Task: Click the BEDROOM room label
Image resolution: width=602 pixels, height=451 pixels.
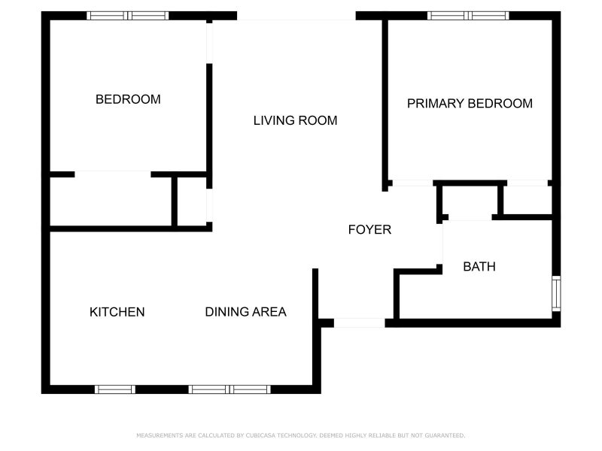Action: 128,99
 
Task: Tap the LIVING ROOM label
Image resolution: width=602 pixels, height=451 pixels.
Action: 295,120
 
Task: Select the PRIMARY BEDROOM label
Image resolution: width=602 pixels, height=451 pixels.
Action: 470,104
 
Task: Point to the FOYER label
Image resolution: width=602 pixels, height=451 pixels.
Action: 369,229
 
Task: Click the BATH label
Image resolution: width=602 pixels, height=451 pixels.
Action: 479,266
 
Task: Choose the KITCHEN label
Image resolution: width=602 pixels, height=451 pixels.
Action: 117,312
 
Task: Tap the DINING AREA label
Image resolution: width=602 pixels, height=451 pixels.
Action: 245,312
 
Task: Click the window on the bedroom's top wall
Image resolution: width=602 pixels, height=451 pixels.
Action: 128,15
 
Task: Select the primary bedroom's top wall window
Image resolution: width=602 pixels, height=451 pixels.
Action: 468,15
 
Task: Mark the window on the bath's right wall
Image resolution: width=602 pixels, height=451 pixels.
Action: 556,293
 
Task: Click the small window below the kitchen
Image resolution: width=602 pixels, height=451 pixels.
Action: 115,389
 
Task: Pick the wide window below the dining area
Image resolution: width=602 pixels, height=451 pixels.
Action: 230,389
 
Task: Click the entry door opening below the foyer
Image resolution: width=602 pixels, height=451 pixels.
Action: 359,323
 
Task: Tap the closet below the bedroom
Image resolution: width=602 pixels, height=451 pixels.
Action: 111,201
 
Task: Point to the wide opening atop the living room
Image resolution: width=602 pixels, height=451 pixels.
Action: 296,16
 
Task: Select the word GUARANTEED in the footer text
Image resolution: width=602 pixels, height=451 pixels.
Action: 445,435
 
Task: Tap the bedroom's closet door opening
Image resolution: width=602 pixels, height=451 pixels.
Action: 113,174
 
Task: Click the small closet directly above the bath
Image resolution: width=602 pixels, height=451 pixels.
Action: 470,201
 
